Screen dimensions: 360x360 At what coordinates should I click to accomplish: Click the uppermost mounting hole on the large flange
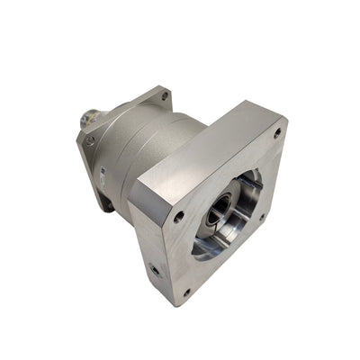(x=276, y=131)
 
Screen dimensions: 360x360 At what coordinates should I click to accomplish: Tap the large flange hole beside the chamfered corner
(x=179, y=216)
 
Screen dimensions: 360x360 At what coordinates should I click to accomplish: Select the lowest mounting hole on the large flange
(x=186, y=292)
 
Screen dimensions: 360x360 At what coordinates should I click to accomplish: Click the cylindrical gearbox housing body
(x=135, y=144)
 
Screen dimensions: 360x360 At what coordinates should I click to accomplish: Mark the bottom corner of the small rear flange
(x=108, y=207)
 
